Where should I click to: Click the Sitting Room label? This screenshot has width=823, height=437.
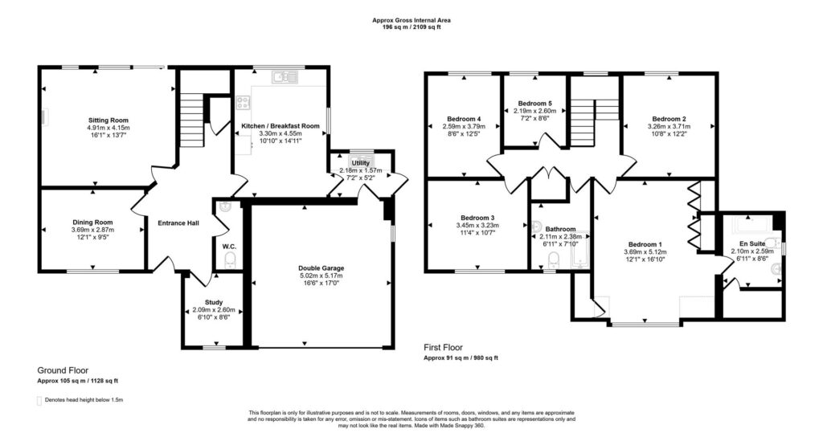109,120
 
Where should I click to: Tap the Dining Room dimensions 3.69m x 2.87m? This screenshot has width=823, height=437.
93,230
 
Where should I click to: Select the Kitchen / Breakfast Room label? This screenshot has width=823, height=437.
280,126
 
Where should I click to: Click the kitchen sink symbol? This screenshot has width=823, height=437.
285,77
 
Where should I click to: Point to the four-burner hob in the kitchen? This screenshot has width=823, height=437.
243,102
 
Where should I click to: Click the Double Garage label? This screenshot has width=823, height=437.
321,268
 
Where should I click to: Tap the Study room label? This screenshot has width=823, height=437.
214,302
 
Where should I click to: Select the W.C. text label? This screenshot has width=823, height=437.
229,247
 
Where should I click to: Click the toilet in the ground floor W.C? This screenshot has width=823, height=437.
229,261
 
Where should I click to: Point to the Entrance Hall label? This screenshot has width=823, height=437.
178,223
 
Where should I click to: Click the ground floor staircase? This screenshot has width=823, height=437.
192,120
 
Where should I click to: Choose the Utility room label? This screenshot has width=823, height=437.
361,163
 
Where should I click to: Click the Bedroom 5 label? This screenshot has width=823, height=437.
534,104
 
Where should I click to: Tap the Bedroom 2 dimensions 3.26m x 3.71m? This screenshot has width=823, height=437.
669,126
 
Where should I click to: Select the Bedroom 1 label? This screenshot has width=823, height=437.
645,244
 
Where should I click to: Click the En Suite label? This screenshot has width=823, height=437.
752,243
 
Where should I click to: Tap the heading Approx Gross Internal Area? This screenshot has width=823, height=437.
411,20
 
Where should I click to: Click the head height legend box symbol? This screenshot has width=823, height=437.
39,401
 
